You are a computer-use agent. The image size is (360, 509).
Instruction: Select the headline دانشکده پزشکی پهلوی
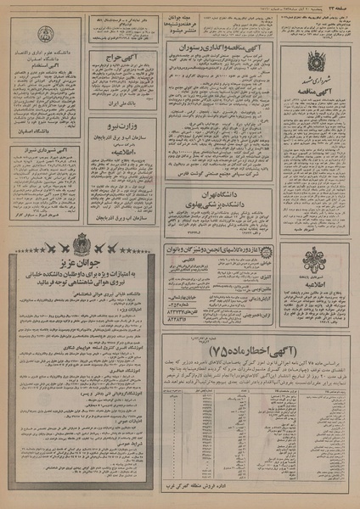pos(220,204)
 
